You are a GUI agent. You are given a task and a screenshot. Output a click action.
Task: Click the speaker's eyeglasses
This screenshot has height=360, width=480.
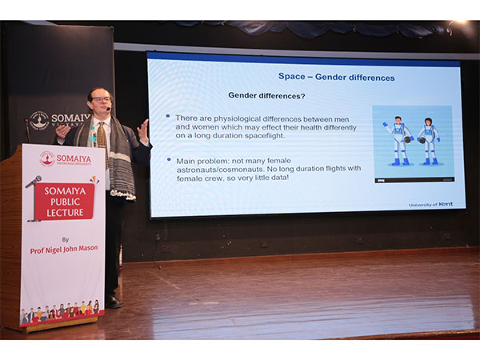pos(100,100)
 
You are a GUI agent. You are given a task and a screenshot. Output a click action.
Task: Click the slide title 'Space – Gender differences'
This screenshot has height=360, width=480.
pos(336,77)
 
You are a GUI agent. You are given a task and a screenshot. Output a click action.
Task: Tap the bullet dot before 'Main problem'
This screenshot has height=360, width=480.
pos(168,159)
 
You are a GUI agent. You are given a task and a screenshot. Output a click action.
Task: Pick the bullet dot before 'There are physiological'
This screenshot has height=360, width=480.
pos(168,117)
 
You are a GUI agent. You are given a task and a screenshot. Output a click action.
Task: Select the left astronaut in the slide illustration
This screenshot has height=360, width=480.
pos(397,140)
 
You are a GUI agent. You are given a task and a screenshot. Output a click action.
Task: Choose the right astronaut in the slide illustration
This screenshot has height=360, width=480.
pos(430,140)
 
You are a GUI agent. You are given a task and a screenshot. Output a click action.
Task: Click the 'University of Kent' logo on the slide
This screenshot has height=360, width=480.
pos(433,205)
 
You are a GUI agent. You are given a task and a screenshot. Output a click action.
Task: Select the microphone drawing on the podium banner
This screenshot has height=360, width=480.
pos(33,182)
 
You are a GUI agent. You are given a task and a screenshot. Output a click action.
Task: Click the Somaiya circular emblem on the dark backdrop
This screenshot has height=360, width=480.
pos(38,120)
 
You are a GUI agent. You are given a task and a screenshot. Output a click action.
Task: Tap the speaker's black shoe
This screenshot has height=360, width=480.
pos(114,302)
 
